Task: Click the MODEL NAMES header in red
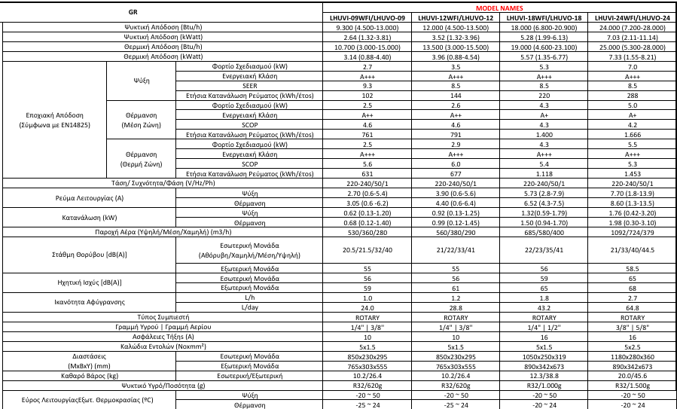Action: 500,7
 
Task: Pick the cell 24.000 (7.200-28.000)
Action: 632,27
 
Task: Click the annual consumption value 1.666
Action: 632,134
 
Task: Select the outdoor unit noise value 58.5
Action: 632,268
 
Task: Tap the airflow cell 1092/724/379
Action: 632,232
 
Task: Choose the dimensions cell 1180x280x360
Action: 632,355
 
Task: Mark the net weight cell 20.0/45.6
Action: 632,374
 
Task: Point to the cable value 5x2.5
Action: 632,346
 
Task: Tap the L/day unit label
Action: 245,307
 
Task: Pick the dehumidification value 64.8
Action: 632,307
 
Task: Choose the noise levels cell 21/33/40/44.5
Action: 632,250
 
